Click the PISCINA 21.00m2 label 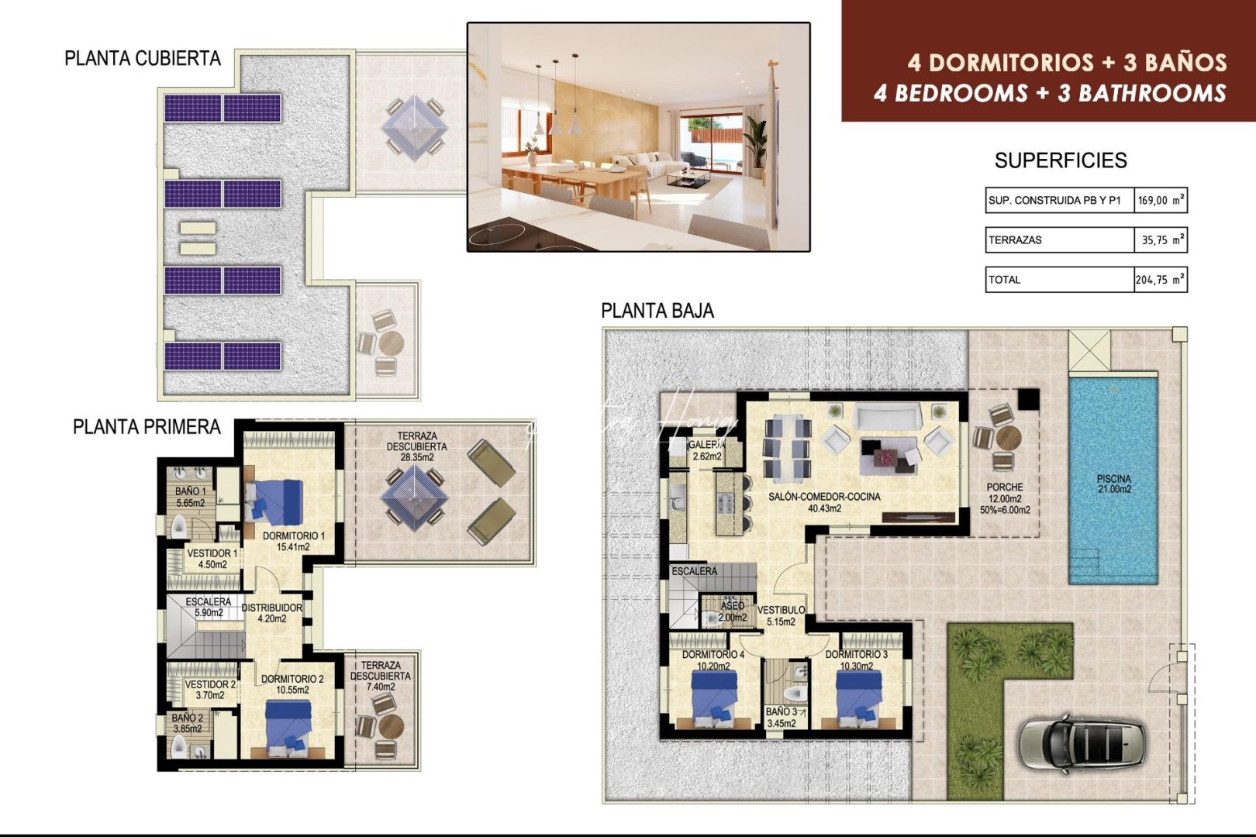(1113, 484)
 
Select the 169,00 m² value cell (1161, 200)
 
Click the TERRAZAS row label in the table (1015, 240)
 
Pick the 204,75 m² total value (1160, 280)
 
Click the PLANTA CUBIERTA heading (143, 59)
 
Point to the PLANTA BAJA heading (657, 311)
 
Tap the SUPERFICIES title (1060, 160)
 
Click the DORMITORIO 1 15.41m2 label (293, 541)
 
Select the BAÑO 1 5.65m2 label (190, 497)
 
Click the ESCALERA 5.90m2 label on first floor (208, 607)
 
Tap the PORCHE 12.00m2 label (1005, 498)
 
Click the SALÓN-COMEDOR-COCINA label (824, 502)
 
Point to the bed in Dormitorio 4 (714, 695)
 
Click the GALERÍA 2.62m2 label (707, 450)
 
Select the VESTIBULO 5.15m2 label (781, 615)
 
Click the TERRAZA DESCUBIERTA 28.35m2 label (416, 446)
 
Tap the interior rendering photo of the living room (638, 137)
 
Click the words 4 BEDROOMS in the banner (950, 94)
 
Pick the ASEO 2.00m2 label (732, 611)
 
